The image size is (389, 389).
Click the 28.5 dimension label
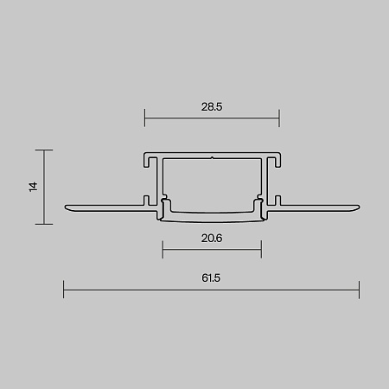click(212, 107)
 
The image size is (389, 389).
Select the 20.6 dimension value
click(212, 239)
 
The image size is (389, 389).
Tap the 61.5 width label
click(211, 278)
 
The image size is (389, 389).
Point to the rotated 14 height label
click(34, 187)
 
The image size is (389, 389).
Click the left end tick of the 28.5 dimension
click(144, 118)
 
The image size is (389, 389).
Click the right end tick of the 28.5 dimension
click(279, 118)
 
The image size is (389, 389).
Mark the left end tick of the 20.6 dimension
click(163, 249)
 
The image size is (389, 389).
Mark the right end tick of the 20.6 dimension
click(261, 249)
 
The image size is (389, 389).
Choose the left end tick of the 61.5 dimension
click(64, 290)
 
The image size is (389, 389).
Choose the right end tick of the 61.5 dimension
click(359, 290)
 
